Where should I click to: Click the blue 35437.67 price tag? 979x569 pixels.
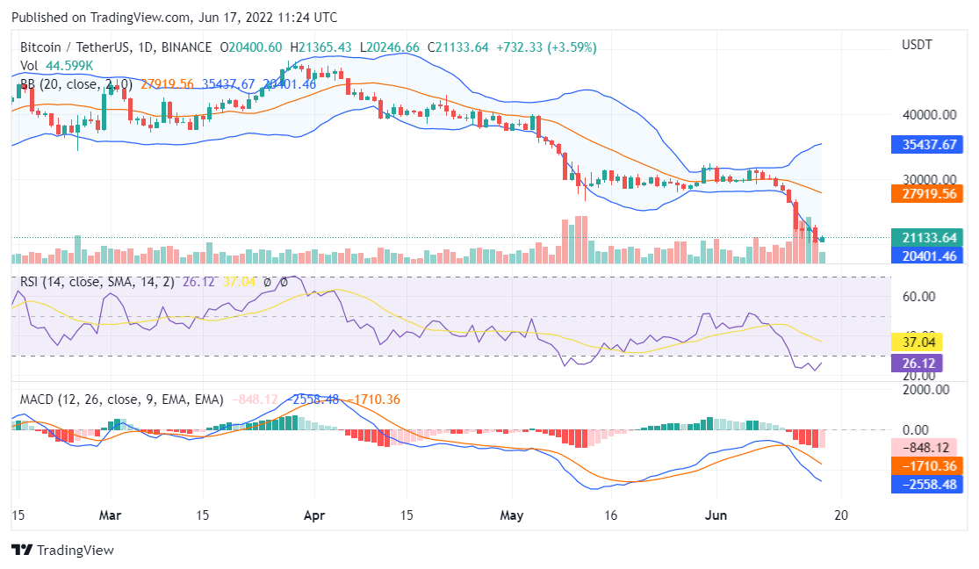click(x=924, y=144)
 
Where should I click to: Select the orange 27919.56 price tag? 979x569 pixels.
click(x=924, y=194)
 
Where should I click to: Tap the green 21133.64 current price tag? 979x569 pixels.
click(x=924, y=237)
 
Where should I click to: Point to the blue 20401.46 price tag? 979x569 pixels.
click(x=924, y=256)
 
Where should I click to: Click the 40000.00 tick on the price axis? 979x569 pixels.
click(x=927, y=114)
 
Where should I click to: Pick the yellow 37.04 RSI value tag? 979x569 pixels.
click(x=917, y=342)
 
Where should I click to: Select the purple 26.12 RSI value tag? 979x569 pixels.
click(x=917, y=363)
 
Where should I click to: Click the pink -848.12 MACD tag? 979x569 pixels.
click(x=921, y=447)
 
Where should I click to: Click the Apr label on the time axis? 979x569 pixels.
click(x=313, y=515)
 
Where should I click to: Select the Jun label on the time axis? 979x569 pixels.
click(x=717, y=515)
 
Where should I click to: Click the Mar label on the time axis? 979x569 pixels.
click(x=111, y=515)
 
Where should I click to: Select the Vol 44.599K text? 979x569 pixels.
click(x=56, y=65)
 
